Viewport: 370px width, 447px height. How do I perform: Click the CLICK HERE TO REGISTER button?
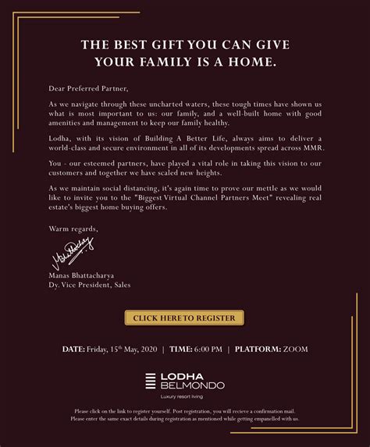pos(184,318)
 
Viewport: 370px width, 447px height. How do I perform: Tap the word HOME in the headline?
pos(247,61)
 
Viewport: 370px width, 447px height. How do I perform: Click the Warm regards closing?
pos(73,229)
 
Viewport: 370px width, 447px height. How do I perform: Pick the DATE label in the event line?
pos(73,349)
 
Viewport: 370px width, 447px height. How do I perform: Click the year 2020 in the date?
pos(145,349)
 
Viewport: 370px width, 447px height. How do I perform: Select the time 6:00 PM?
pos(208,349)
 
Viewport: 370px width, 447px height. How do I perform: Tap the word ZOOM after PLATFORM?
pos(295,349)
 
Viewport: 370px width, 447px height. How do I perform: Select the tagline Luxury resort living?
pos(185,398)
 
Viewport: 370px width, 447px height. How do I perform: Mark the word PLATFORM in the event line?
pos(258,349)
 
